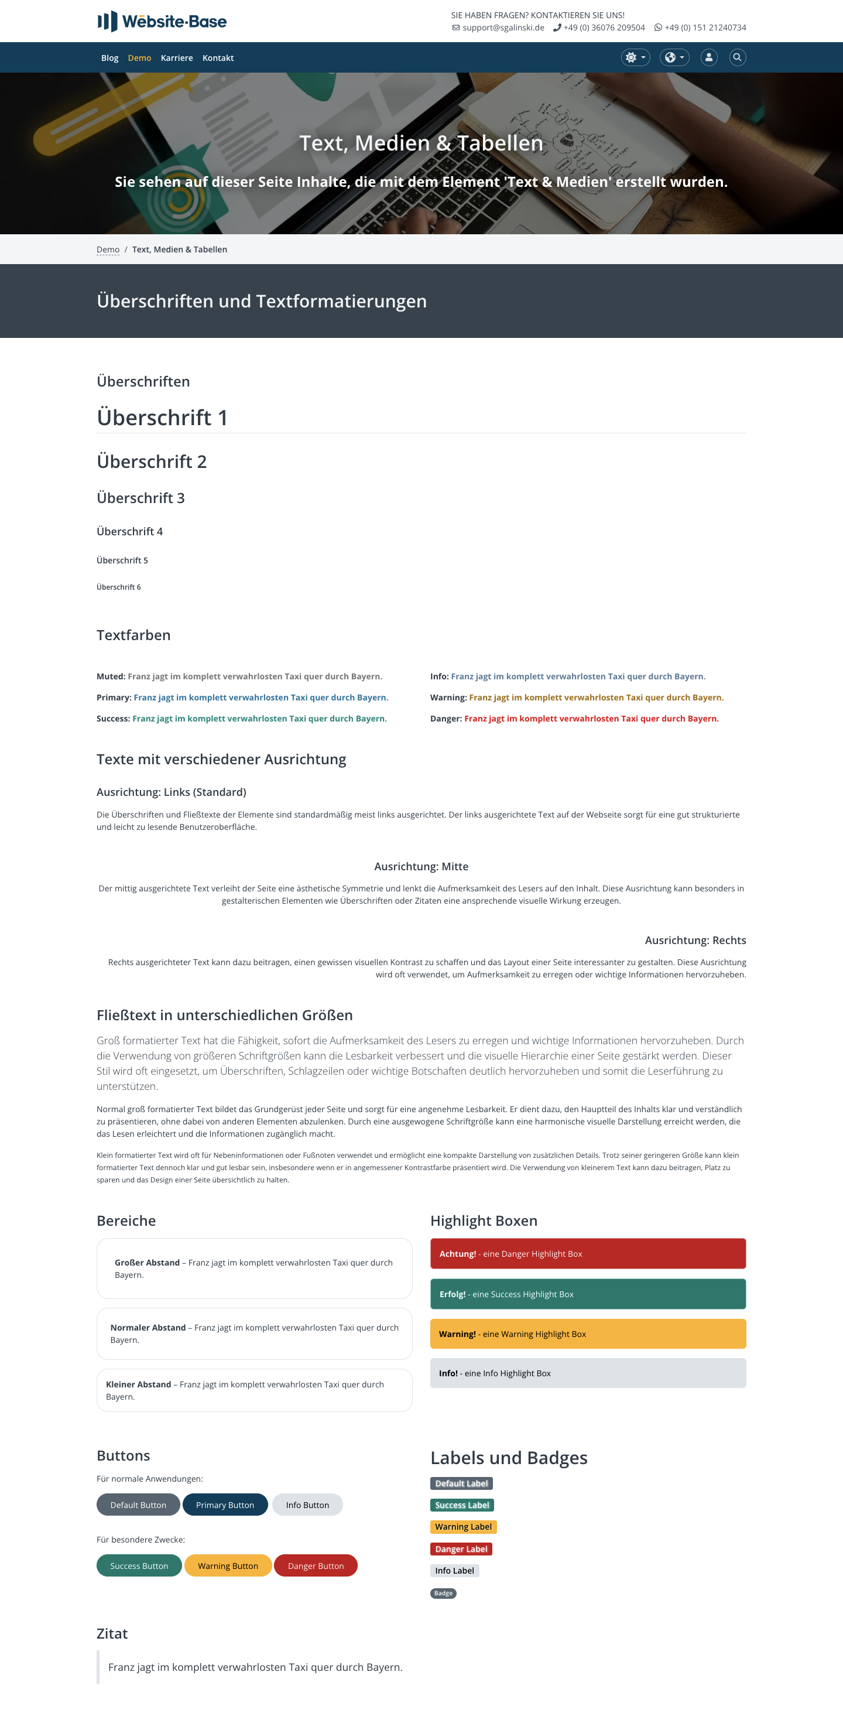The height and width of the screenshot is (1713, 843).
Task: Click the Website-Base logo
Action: (162, 21)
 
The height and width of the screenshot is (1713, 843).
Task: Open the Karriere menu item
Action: (176, 58)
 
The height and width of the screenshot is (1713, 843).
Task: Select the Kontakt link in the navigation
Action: (217, 58)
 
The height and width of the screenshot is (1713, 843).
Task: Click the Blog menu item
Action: (109, 58)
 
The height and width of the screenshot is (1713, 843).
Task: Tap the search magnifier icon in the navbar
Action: (736, 57)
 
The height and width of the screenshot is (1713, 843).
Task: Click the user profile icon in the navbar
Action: (709, 57)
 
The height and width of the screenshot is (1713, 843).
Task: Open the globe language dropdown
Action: (673, 57)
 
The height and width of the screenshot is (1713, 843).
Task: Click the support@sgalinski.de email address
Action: (503, 28)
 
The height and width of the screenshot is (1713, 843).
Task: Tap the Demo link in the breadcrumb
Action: (108, 249)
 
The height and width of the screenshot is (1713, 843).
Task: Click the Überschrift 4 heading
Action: (129, 531)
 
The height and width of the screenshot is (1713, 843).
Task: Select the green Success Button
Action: (139, 1565)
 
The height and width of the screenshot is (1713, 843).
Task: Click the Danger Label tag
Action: (461, 1549)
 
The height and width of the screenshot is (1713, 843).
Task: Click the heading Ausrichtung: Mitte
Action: (421, 867)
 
